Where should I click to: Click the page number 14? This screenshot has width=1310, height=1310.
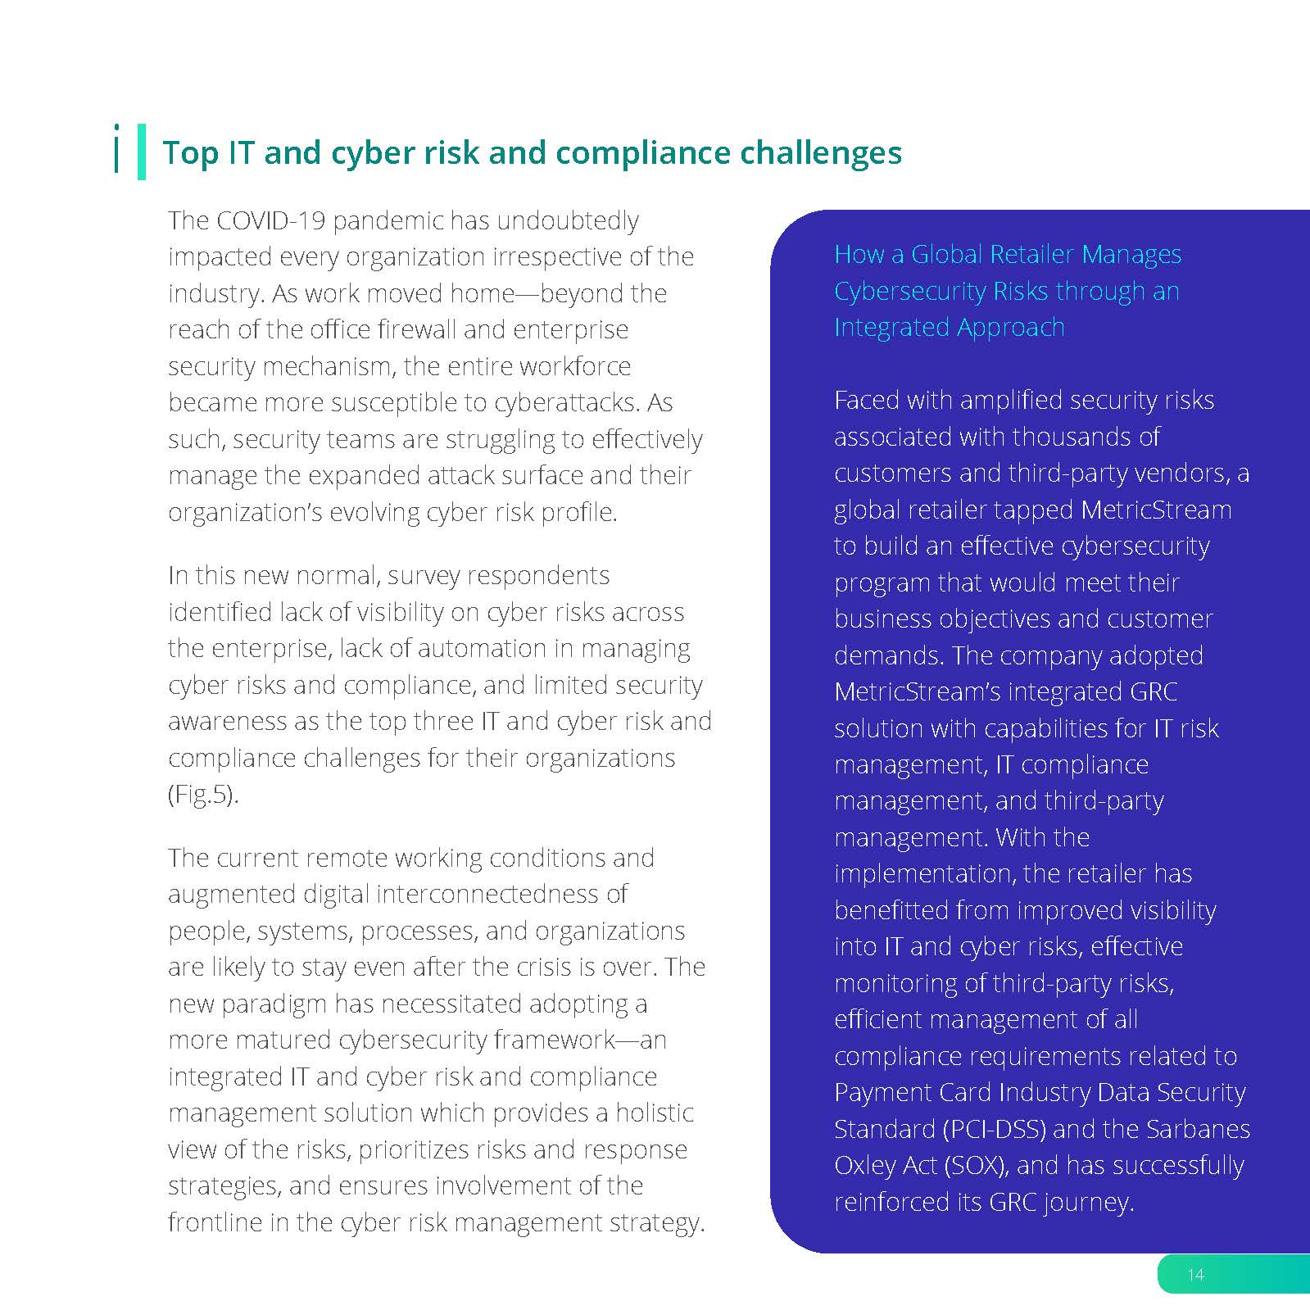pyautogui.click(x=1195, y=1274)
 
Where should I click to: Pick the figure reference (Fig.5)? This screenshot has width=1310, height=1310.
pyautogui.click(x=203, y=795)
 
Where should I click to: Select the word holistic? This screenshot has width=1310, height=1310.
pyautogui.click(x=655, y=1113)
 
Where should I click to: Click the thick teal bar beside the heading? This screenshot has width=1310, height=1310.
pyautogui.click(x=142, y=152)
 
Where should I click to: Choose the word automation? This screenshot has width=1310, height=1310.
pyautogui.click(x=482, y=648)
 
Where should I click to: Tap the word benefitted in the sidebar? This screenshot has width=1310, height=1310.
pyautogui.click(x=892, y=910)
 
